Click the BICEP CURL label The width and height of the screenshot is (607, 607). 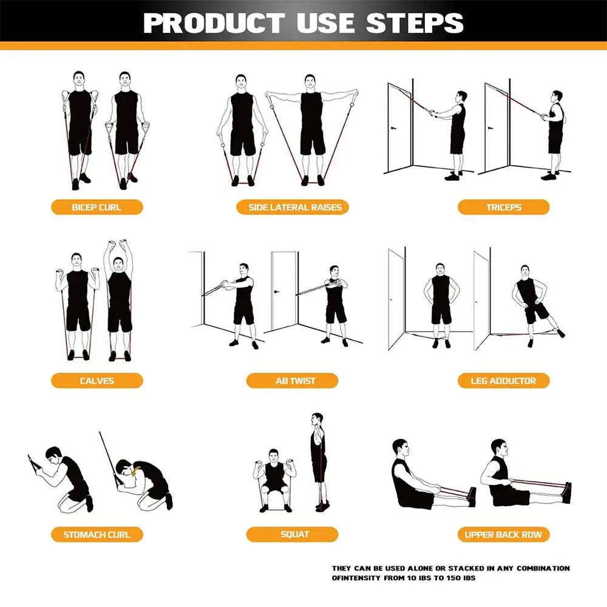(97, 207)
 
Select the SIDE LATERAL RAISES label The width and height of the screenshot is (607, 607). (295, 207)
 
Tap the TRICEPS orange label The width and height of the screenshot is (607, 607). (503, 207)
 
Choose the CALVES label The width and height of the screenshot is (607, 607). (97, 381)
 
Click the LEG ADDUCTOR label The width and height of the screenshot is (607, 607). (503, 381)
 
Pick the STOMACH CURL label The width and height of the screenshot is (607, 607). (97, 535)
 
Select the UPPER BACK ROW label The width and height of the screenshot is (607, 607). (503, 535)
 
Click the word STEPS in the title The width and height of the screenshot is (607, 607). (415, 22)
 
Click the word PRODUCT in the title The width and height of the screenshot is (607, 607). (215, 22)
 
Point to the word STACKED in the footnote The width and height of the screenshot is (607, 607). (459, 568)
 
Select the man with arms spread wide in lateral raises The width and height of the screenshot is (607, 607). (311, 127)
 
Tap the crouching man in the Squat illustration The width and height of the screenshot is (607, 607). (275, 480)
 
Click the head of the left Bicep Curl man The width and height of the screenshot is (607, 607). (78, 80)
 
